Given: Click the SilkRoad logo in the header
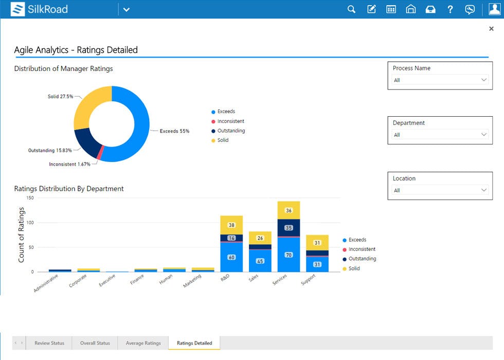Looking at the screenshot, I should tap(39, 9).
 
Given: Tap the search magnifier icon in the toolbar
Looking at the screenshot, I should tap(352, 9).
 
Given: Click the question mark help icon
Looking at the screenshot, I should tap(450, 9).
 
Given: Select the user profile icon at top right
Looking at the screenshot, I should tap(494, 9).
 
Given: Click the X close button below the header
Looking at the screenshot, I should tap(491, 29).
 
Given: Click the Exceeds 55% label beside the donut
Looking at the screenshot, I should tap(174, 131).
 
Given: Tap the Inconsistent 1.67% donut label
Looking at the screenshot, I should tap(69, 164).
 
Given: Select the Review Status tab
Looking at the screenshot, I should tap(49, 343).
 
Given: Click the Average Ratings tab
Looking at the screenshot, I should tap(143, 343).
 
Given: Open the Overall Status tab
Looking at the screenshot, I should tap(95, 343).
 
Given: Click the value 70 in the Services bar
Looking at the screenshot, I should tap(289, 255).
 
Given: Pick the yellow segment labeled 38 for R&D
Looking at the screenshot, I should tap(231, 225).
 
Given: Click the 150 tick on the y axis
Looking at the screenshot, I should tap(29, 198).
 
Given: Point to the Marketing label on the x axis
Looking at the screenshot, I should tap(192, 281).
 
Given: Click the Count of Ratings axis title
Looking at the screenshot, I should tap(22, 235).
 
